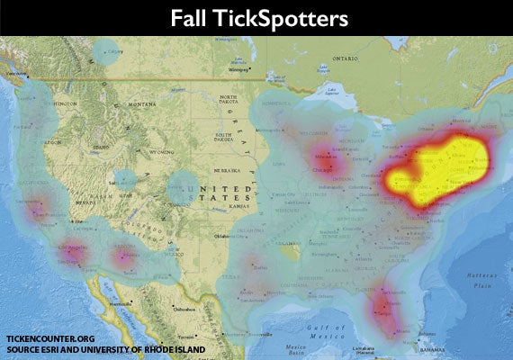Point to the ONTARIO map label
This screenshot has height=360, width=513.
346,58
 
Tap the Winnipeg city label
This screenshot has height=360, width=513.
238,69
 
